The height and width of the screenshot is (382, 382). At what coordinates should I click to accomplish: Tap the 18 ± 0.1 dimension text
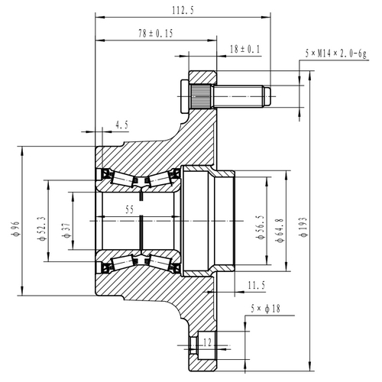pyautogui.click(x=244, y=49)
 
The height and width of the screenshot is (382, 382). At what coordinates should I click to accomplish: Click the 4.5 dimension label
pyautogui.click(x=121, y=124)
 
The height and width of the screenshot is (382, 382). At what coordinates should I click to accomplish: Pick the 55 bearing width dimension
pyautogui.click(x=131, y=208)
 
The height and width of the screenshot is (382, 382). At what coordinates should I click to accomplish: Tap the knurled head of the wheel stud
pyautogui.click(x=201, y=97)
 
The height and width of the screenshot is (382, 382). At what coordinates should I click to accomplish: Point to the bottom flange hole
pyautogui.click(x=200, y=351)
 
